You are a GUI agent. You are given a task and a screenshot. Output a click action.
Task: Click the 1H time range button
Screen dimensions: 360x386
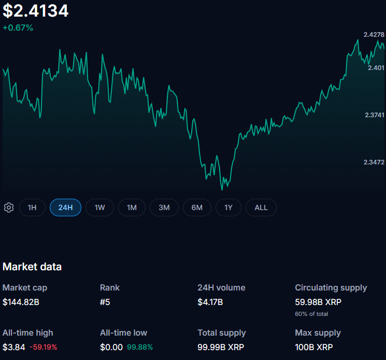[x=32, y=207]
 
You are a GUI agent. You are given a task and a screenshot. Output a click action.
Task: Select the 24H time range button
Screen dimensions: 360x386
[x=65, y=207]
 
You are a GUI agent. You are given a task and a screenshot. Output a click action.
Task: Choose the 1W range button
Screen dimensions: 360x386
[x=99, y=207]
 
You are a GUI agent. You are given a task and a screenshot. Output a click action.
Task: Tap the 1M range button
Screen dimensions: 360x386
[x=132, y=207]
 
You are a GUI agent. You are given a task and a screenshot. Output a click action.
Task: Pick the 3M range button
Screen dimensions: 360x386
[x=164, y=207]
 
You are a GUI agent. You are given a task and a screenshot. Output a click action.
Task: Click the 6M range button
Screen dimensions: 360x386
[x=197, y=207]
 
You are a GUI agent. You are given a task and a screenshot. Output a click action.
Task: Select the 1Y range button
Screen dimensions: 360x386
[x=228, y=207]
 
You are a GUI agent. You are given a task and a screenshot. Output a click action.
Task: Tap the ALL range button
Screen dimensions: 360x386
[x=261, y=207]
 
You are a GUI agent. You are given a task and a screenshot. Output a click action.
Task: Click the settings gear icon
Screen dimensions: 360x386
[x=9, y=207]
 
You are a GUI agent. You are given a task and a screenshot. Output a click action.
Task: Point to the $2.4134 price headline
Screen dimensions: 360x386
[x=36, y=11]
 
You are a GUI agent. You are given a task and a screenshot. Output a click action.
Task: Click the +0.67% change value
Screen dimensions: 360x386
[x=18, y=27]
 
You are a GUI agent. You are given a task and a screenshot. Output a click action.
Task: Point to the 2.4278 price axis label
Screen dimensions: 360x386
[x=374, y=35]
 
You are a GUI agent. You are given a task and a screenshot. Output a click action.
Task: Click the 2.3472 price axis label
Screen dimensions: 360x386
[x=374, y=162]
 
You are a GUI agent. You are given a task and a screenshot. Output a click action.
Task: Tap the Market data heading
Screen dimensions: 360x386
[x=32, y=267]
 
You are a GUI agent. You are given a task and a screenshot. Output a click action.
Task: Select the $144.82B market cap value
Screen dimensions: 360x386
[x=21, y=302]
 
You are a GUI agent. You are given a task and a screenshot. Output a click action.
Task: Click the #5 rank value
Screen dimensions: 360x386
[x=105, y=302]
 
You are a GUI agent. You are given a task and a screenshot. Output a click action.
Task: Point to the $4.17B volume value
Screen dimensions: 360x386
[x=210, y=302]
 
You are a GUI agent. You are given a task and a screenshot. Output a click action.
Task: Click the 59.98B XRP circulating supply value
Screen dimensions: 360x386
[x=318, y=302]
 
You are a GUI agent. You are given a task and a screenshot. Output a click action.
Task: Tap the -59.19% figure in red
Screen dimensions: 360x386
[x=44, y=347]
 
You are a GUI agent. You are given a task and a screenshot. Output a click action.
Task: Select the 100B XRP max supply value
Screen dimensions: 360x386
[x=314, y=347]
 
